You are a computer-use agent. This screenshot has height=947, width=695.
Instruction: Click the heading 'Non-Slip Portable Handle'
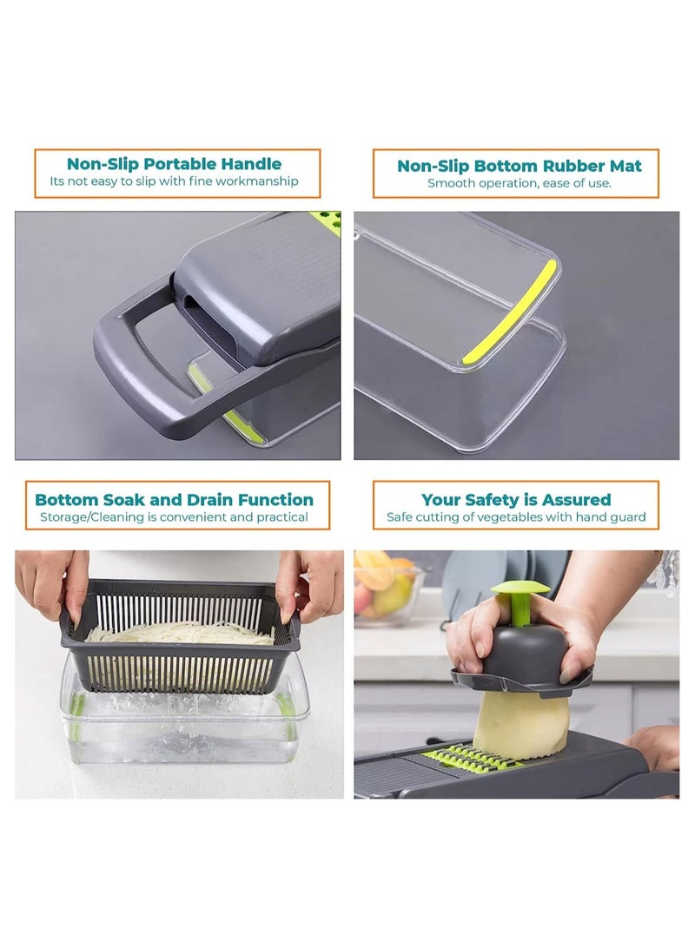pos(174,163)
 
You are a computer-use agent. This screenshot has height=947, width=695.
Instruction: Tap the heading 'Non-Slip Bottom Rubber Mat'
pos(519,165)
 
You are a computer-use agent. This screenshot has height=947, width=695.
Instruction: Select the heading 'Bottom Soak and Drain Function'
pos(174,499)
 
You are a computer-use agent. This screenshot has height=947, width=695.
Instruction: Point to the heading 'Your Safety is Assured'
pos(516,499)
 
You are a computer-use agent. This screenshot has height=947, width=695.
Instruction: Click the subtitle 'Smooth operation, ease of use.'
pos(519,183)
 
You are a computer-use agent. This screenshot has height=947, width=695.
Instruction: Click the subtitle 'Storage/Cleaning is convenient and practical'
pos(174,517)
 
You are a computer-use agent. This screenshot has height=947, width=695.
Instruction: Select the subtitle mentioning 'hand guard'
pos(516,517)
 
